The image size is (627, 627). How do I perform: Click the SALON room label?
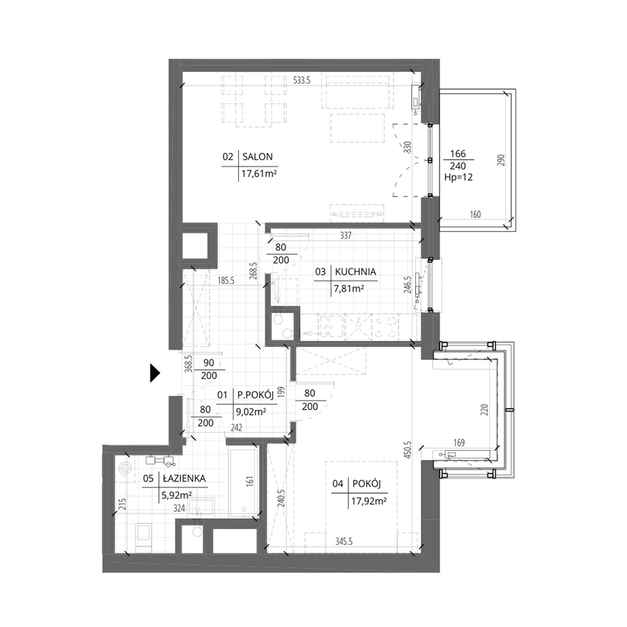click(258, 157)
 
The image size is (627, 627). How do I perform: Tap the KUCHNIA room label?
click(355, 272)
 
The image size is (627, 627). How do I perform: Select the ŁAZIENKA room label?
click(185, 478)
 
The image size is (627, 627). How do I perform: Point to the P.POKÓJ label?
click(256, 395)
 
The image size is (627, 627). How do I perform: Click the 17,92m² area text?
click(369, 501)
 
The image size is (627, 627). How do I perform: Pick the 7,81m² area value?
click(349, 288)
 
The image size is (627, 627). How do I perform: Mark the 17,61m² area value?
click(259, 174)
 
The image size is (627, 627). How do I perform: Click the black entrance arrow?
click(155, 373)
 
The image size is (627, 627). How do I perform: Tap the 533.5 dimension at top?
click(302, 80)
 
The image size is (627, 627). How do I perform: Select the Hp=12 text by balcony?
click(458, 177)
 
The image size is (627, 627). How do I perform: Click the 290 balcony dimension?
click(502, 160)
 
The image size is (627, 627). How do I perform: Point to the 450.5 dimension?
click(408, 449)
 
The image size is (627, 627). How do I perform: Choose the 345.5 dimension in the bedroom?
click(344, 542)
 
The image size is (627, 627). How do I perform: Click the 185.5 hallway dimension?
click(226, 281)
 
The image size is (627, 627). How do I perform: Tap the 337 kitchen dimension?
click(346, 235)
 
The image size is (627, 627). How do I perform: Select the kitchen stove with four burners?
click(385, 327)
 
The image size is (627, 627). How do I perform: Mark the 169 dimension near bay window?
click(459, 442)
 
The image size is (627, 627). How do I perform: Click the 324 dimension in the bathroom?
click(179, 509)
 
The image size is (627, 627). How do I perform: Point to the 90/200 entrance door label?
click(209, 369)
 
